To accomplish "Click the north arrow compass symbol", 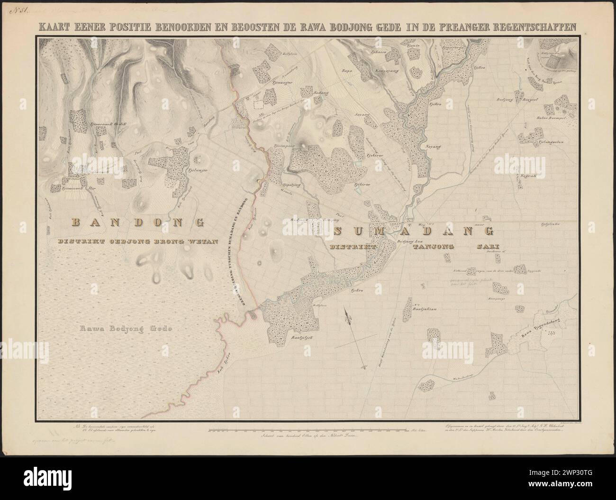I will click(x=349, y=317).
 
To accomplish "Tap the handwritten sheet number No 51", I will click(x=20, y=9).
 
